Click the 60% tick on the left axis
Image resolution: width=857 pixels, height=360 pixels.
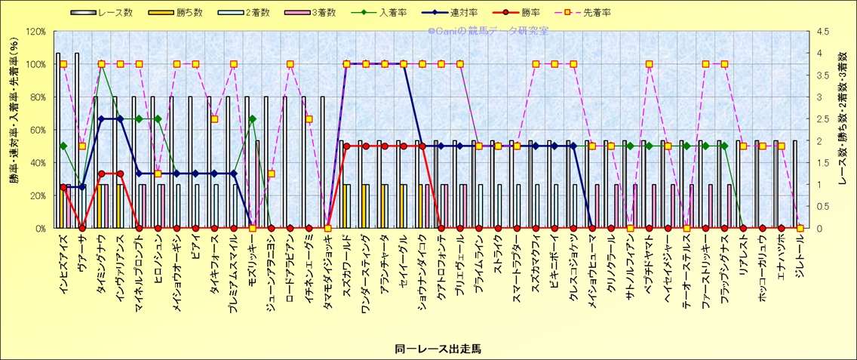[x=38, y=130]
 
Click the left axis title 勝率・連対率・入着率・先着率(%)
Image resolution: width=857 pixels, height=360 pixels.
[x=13, y=130]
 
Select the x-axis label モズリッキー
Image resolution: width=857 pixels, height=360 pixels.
[x=253, y=256]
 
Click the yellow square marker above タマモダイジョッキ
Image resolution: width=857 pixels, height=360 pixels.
[x=327, y=228]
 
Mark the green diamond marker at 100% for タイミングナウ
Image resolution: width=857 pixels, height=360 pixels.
[x=101, y=64]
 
